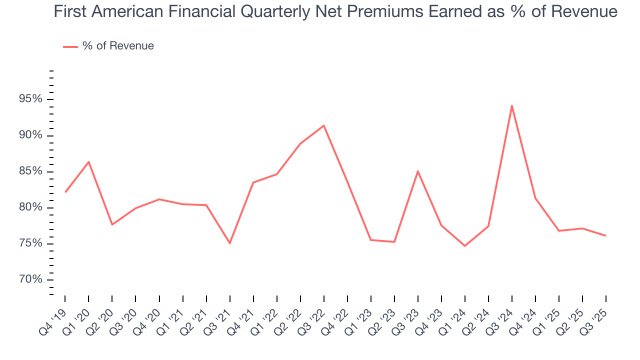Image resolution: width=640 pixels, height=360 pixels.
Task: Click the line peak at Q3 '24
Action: tap(511, 105)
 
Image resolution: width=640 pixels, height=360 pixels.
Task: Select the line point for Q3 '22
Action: tap(324, 125)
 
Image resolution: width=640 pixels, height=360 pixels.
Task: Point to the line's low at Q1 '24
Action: tap(464, 246)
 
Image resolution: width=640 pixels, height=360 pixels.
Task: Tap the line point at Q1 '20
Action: tap(88, 161)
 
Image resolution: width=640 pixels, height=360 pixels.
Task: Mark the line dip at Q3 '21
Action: tap(229, 243)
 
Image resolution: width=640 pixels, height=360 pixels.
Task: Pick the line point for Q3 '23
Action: tap(417, 171)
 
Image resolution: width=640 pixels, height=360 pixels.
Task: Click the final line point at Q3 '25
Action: tap(605, 235)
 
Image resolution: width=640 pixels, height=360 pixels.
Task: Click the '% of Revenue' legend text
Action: tap(118, 46)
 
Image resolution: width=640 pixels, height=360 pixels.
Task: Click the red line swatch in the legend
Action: tap(70, 46)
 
